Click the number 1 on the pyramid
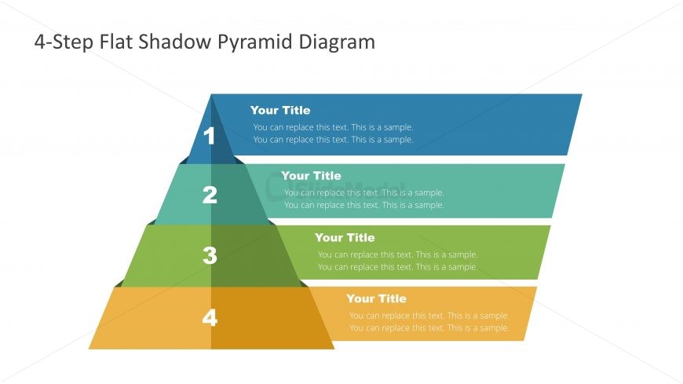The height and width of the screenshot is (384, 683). click(x=209, y=136)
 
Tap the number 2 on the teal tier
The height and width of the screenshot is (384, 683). click(x=210, y=195)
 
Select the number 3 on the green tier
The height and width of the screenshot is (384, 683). click(x=210, y=255)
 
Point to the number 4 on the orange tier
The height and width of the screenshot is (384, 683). click(x=210, y=317)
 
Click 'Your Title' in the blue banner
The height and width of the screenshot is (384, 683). click(x=280, y=110)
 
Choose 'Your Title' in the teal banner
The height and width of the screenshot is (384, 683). click(x=311, y=176)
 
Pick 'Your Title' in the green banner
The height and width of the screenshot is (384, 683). click(x=345, y=238)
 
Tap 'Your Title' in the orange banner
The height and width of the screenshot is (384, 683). click(x=376, y=298)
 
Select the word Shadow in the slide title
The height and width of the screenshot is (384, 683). click(x=174, y=42)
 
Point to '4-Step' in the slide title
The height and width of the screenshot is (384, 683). click(x=63, y=42)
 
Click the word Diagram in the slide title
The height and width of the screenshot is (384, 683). click(x=337, y=42)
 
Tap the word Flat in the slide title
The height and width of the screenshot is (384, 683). click(x=115, y=42)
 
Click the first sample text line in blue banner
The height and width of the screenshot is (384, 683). click(x=333, y=127)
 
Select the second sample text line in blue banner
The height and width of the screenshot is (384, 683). click(x=333, y=140)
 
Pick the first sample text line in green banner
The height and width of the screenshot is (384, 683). click(x=398, y=254)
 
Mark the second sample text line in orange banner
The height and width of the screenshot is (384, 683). click(x=429, y=327)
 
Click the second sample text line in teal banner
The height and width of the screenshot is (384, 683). click(x=364, y=205)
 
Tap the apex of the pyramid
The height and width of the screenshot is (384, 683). click(x=211, y=94)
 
